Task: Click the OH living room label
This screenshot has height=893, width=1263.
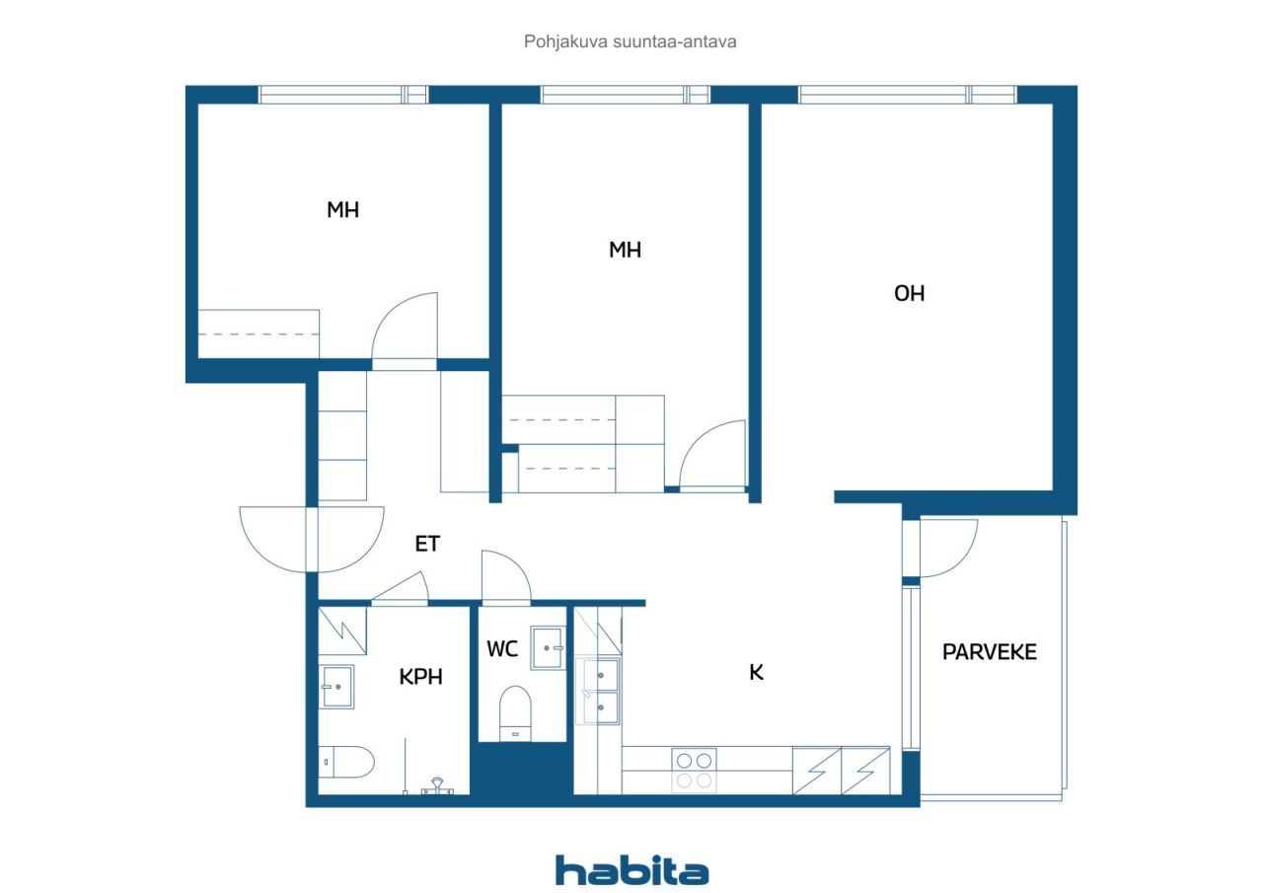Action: [x=909, y=293]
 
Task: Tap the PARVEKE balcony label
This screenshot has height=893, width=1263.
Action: [x=989, y=652]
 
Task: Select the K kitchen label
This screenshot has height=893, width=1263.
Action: [x=756, y=672]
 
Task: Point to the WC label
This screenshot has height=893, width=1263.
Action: [x=502, y=649]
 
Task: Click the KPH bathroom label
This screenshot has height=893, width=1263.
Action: [x=420, y=677]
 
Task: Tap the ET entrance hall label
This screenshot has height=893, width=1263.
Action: [x=427, y=544]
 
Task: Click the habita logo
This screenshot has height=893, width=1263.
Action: [x=632, y=870]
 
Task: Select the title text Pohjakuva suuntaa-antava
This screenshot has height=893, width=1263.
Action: [x=630, y=41]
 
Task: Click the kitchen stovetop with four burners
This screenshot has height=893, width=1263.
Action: [x=694, y=771]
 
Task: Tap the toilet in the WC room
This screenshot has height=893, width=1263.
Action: [x=515, y=713]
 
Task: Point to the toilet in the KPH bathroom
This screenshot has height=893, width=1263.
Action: [x=346, y=762]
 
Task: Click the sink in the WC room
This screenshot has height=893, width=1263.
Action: [x=547, y=648]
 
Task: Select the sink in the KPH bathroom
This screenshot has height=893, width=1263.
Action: [x=336, y=687]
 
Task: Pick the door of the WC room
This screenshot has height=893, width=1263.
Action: [x=506, y=576]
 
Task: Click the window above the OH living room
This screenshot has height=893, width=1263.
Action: [x=907, y=95]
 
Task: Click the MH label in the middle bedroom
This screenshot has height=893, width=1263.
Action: [x=625, y=250]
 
